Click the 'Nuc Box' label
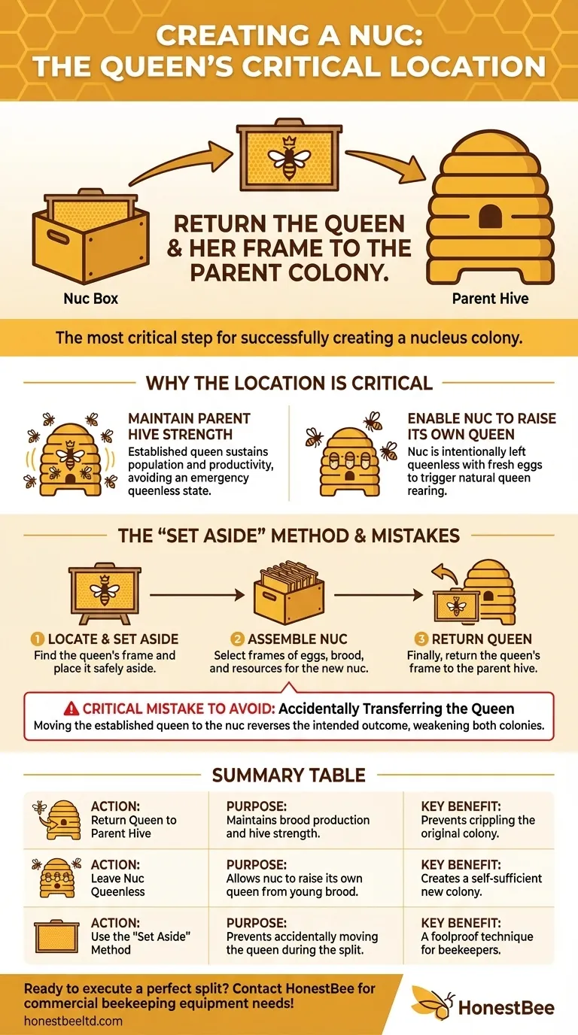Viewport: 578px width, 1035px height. coord(90,299)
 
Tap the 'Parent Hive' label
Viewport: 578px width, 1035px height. coord(490,299)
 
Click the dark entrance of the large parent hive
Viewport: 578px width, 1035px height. coord(490,216)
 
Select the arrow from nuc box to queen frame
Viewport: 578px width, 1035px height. coord(181,163)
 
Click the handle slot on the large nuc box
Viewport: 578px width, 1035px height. coord(58,237)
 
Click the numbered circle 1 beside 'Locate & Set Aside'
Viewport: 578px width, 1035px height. coord(37,639)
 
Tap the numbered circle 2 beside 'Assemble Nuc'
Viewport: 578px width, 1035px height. coord(237,639)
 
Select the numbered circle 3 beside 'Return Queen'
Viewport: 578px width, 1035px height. coord(421,639)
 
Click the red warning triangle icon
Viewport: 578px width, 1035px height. coord(71,709)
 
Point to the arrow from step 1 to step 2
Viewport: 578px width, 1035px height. coord(197,595)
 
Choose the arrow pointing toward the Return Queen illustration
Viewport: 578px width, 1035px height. coord(379,595)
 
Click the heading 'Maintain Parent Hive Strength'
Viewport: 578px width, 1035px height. coord(189,426)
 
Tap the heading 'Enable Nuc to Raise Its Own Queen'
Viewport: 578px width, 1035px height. coord(482,426)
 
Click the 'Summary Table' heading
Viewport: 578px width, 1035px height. coord(288,775)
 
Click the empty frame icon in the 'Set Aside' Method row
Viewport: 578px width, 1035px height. coord(57,936)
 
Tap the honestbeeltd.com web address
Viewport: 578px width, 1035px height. coord(73,1021)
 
